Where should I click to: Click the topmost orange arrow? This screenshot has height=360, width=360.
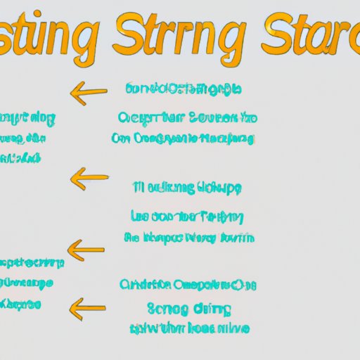89,91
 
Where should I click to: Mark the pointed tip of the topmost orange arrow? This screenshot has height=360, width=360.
72,91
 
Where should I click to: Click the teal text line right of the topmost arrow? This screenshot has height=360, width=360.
183,89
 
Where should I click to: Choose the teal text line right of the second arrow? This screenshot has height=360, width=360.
187,188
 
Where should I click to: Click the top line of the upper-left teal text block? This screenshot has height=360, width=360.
28,117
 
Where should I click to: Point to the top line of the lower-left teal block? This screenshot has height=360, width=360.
32,263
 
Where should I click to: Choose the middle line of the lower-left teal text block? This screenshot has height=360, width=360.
27,284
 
